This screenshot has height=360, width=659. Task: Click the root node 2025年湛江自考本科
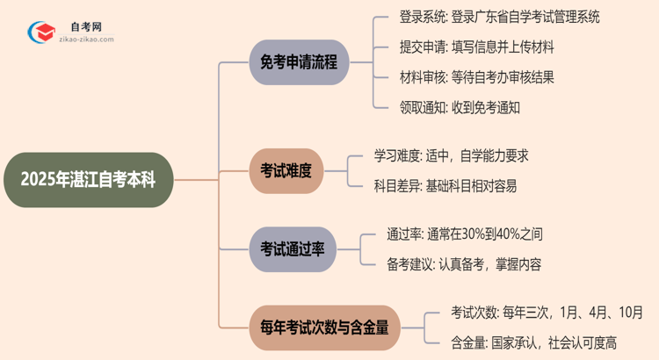(x=88, y=180)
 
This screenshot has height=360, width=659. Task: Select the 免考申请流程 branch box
(x=299, y=62)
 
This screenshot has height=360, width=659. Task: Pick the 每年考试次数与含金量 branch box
(x=323, y=327)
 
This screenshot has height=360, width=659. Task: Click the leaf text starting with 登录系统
(x=488, y=17)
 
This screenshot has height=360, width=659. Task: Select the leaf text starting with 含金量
(x=521, y=342)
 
